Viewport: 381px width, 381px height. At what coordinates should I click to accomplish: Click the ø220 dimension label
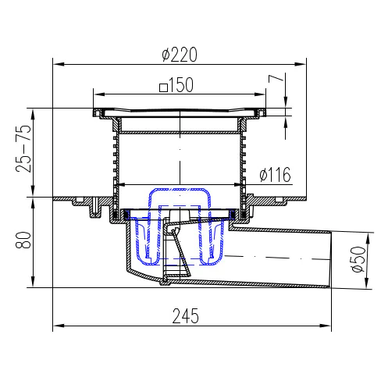click(180, 55)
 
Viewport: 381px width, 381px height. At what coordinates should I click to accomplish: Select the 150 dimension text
click(181, 84)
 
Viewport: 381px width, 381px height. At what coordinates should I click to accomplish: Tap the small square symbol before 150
click(163, 87)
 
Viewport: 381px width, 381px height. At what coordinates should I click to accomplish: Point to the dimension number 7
click(276, 78)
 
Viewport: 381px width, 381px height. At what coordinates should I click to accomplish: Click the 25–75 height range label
click(23, 148)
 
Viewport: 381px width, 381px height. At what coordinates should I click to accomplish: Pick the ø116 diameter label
click(275, 175)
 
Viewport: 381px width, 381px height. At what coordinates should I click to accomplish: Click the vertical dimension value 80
click(23, 240)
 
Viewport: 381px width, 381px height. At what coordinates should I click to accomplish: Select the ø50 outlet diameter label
click(358, 259)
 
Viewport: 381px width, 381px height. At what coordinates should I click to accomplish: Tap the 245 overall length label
click(186, 316)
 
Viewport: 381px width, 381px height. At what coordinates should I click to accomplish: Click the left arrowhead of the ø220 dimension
click(59, 64)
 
